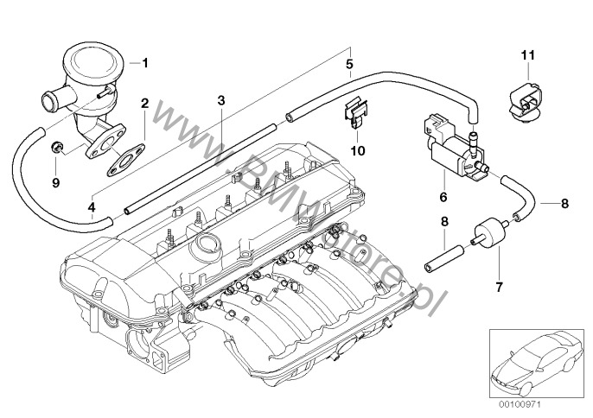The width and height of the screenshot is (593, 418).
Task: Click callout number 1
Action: click(145, 62)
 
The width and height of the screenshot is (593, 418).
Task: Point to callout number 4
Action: click(92, 206)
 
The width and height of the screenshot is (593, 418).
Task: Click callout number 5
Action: click(349, 63)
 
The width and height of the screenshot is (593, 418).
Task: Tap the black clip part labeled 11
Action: click(527, 98)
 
